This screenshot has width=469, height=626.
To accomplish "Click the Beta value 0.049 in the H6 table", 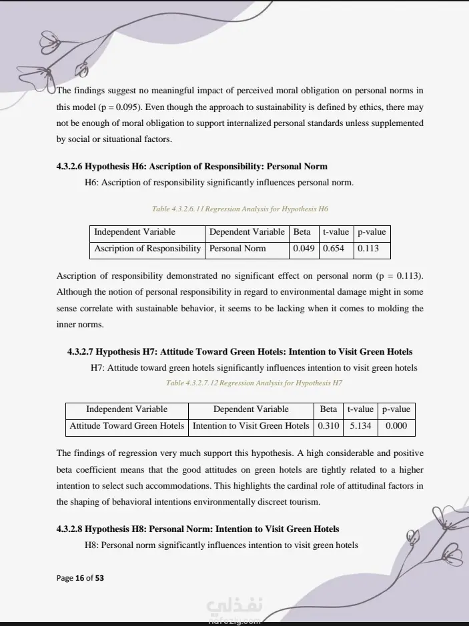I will coord(302,249).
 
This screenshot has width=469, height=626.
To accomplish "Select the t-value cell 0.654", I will coord(334,249).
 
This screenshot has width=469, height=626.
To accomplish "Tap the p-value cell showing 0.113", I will coord(368,249).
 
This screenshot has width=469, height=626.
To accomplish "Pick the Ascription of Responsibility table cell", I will coord(147,249).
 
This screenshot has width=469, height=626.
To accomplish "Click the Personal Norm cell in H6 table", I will coord(238,249).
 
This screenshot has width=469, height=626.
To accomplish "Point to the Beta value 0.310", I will coord(328,425).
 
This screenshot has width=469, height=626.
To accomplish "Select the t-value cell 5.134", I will coord(360,425).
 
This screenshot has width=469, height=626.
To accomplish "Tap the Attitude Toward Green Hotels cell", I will coord(127,425).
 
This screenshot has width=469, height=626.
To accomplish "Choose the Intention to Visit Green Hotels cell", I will coord(251,425).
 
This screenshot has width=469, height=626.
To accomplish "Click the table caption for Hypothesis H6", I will coord(240,209).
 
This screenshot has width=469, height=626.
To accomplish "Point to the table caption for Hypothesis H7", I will coord(254,383).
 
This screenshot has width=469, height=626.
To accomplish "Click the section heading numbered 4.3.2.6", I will coord(192,166).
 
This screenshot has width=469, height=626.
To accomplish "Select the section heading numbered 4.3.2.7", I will coord(240,351).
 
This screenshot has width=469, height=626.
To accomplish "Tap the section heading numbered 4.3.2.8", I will coord(198,529).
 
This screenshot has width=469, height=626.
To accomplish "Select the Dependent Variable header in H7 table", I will coord(251,409).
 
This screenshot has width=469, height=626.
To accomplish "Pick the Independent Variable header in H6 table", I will coord(135,232).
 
